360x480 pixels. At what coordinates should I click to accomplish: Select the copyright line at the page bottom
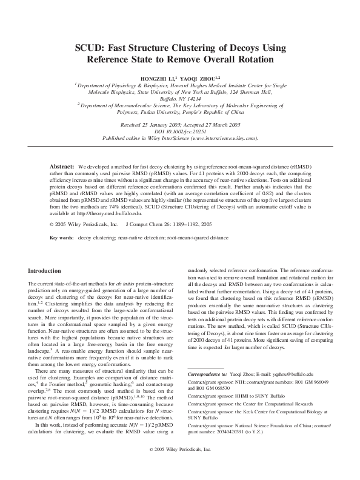tap(179, 466)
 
